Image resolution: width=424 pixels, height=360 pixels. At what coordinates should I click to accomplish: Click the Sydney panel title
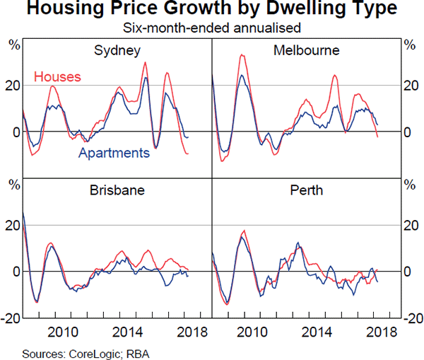click(117, 51)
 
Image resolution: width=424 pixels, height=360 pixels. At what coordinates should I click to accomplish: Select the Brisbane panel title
click(117, 191)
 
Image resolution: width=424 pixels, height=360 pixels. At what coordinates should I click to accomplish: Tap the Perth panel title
click(306, 191)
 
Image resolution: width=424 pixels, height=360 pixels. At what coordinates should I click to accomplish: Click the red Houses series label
click(57, 76)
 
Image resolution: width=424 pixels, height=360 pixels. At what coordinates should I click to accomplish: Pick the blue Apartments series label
click(114, 153)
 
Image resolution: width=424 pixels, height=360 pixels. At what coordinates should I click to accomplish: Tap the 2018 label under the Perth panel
click(379, 332)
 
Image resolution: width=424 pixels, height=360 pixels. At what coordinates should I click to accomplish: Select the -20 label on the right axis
click(411, 318)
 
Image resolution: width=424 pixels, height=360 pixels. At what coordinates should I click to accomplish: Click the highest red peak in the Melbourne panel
click(242, 55)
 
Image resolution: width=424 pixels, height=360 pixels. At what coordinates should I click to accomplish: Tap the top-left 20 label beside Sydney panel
click(13, 86)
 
